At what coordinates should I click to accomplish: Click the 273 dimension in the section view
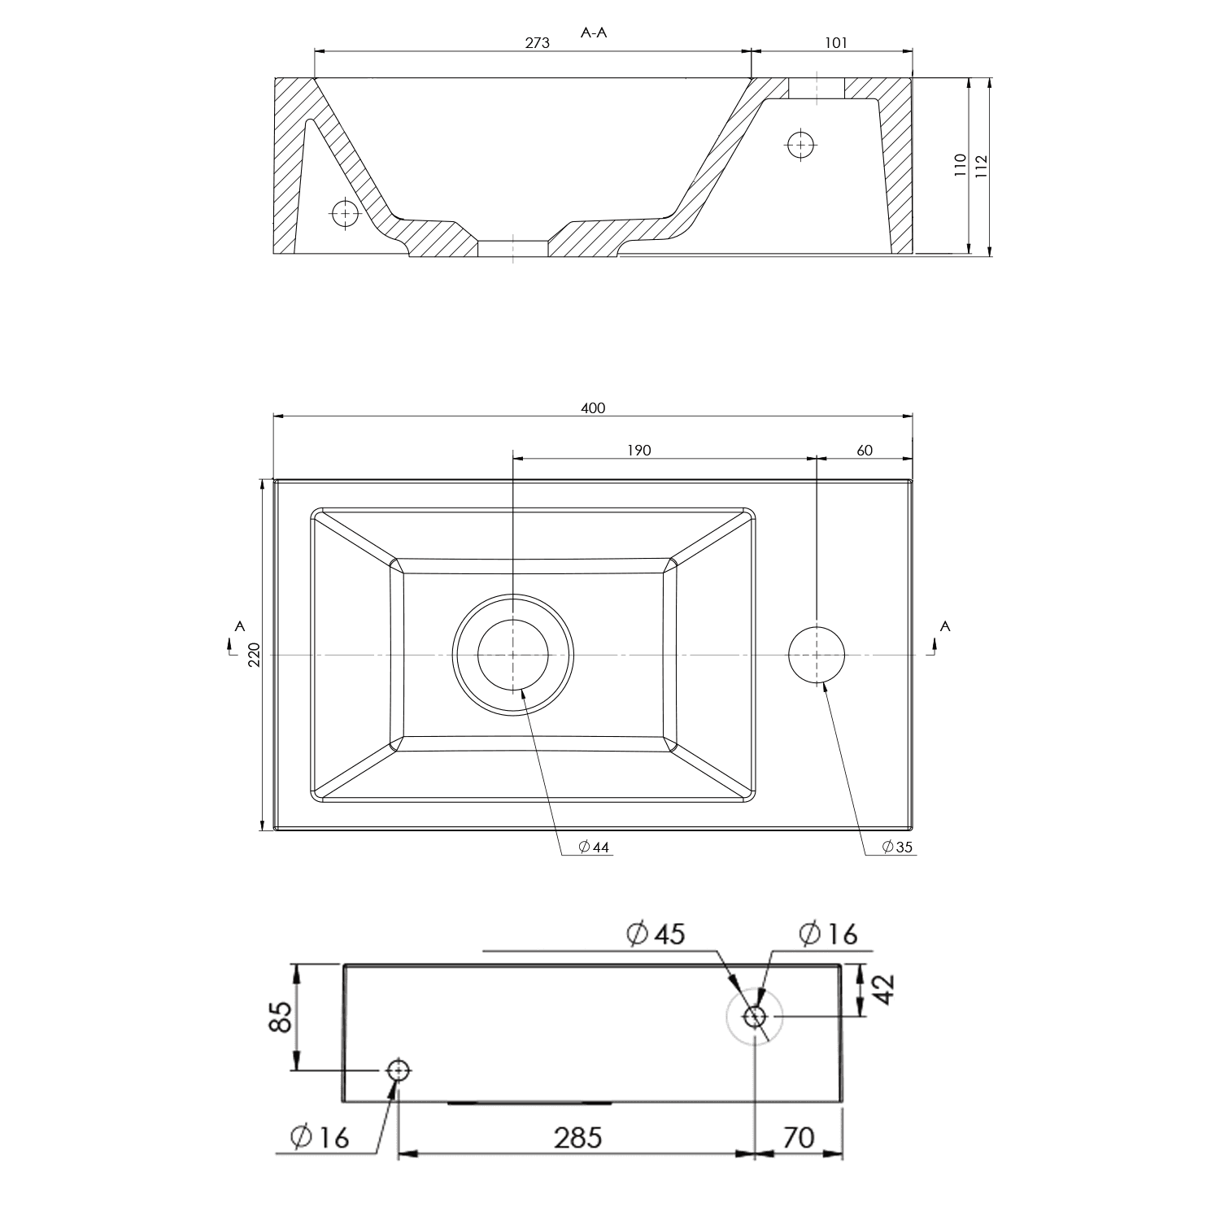pos(537,43)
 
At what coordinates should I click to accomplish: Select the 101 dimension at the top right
pos(836,43)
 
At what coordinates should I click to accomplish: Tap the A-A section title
pos(595,33)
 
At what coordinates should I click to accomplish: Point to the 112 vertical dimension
pos(981,167)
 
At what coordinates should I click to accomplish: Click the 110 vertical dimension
pos(961,165)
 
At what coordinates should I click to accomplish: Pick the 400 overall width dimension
pos(593,407)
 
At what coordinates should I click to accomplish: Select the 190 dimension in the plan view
pos(639,450)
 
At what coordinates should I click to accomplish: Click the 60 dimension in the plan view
pos(865,450)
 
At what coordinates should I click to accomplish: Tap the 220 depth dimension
pos(253,655)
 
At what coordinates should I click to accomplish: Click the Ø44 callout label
pos(594,847)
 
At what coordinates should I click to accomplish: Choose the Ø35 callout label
pos(898,847)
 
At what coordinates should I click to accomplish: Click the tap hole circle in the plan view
pos(817,655)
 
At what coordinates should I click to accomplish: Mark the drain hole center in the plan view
pos(513,655)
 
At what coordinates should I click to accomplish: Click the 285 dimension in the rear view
pos(578,1137)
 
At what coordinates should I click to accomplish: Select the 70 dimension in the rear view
pos(798,1137)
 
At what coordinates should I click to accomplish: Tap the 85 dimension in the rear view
pos(280,1017)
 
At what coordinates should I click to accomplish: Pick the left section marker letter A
pos(239,625)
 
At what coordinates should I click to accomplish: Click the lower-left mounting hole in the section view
pos(346,214)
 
